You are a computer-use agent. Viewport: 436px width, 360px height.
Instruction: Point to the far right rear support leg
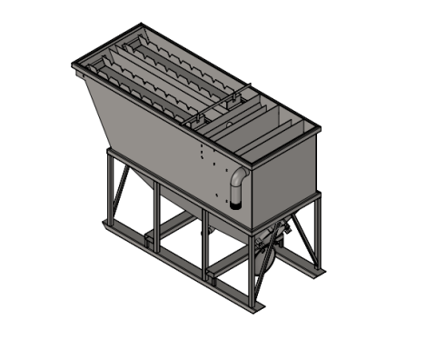coord(319,232)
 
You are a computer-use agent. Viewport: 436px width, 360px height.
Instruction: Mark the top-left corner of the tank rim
coord(72,65)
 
